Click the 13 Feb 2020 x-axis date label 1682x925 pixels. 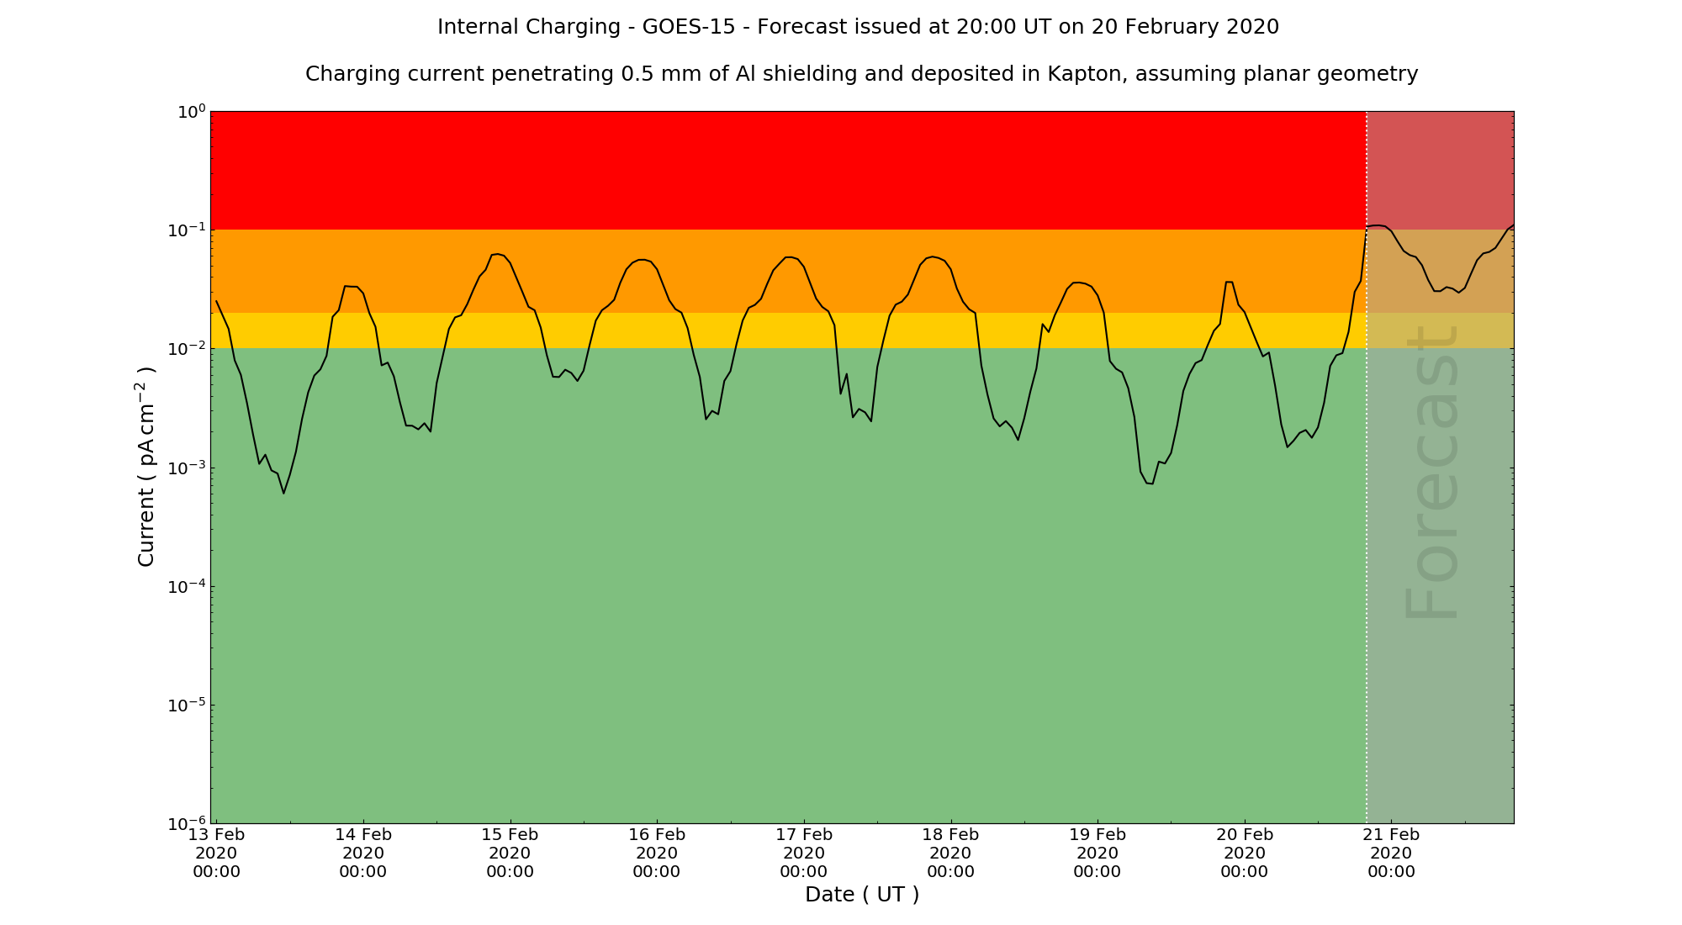[x=216, y=853]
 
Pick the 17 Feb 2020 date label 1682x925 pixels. [x=804, y=853]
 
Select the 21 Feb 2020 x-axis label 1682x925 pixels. [x=1391, y=853]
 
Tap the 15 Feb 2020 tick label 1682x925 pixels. [x=510, y=853]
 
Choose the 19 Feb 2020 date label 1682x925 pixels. [x=1098, y=853]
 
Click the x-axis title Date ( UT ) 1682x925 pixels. [x=862, y=894]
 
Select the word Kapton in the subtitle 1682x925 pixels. [x=1087, y=74]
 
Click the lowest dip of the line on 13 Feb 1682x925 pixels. [x=283, y=493]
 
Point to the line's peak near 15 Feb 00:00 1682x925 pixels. [x=497, y=254]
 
